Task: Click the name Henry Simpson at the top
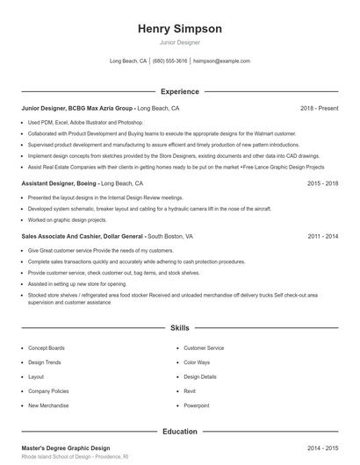coord(180,29)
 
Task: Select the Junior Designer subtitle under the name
coord(180,42)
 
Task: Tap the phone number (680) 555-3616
coord(169,61)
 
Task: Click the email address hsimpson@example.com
coord(221,61)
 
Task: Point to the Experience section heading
coord(180,91)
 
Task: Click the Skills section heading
coord(180,327)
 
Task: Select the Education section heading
coord(180,432)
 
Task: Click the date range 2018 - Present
coord(319,108)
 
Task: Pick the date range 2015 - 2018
coord(323,184)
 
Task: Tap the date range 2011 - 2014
coord(323,237)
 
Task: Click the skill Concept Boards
coord(46,348)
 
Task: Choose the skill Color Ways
coord(197,362)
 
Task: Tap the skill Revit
coord(190,391)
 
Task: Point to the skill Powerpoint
coord(197,405)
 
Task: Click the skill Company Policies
coord(48,391)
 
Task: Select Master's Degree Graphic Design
coord(66,447)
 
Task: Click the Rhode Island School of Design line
coord(76,457)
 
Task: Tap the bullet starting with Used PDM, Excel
coord(85,122)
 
